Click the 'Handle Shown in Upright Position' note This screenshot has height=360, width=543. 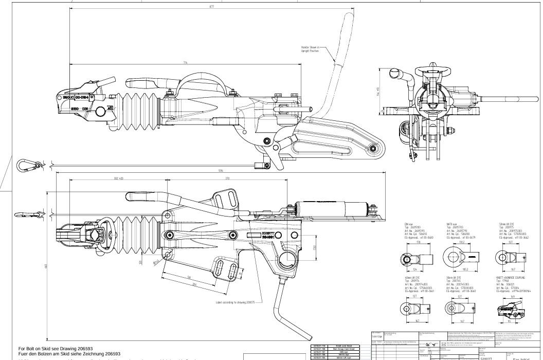pos(312,49)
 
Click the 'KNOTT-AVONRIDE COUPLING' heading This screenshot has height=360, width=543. pos(513,276)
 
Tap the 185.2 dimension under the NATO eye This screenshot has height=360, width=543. pos(467,268)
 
